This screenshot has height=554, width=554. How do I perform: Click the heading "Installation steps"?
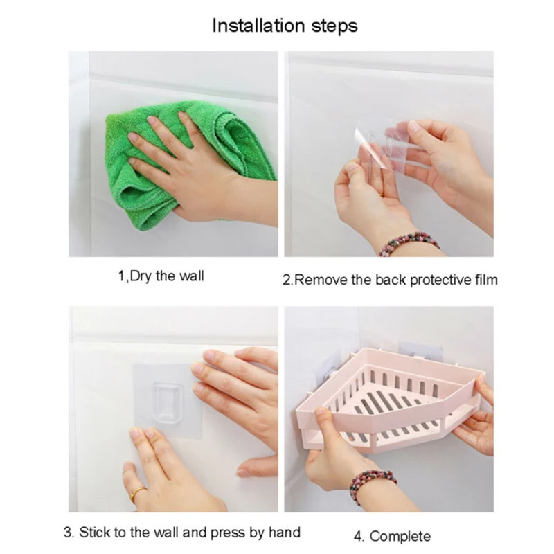point(285,26)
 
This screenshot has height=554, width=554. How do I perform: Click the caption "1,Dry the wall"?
point(161,276)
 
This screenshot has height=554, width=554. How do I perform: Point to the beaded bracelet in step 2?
point(409,243)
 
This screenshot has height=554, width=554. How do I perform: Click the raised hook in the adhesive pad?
point(168,403)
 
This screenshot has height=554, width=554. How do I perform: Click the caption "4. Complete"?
point(392,536)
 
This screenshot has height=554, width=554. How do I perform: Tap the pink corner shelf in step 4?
point(388,400)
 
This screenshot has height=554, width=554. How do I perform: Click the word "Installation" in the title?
point(258,26)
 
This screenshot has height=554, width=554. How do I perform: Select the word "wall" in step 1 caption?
point(192,276)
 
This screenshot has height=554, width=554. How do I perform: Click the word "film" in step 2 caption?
point(486,280)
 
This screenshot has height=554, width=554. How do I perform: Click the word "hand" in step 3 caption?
point(285,532)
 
